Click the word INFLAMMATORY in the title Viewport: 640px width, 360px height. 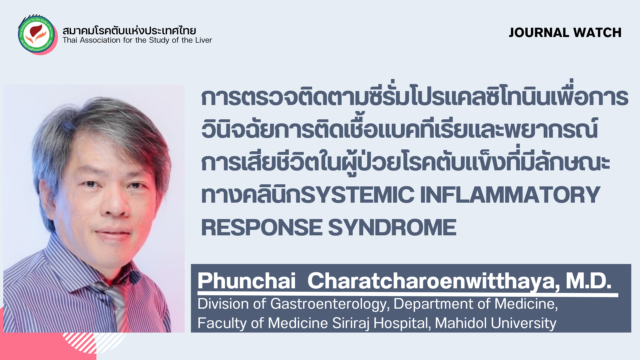point(510,195)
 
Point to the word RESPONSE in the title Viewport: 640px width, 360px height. point(262,228)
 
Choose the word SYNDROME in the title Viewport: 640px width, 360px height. point(392,228)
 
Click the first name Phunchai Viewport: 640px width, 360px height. point(246,281)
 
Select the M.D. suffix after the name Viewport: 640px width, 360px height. point(589,281)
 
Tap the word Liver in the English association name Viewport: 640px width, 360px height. point(203,40)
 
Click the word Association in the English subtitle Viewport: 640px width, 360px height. point(100,40)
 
